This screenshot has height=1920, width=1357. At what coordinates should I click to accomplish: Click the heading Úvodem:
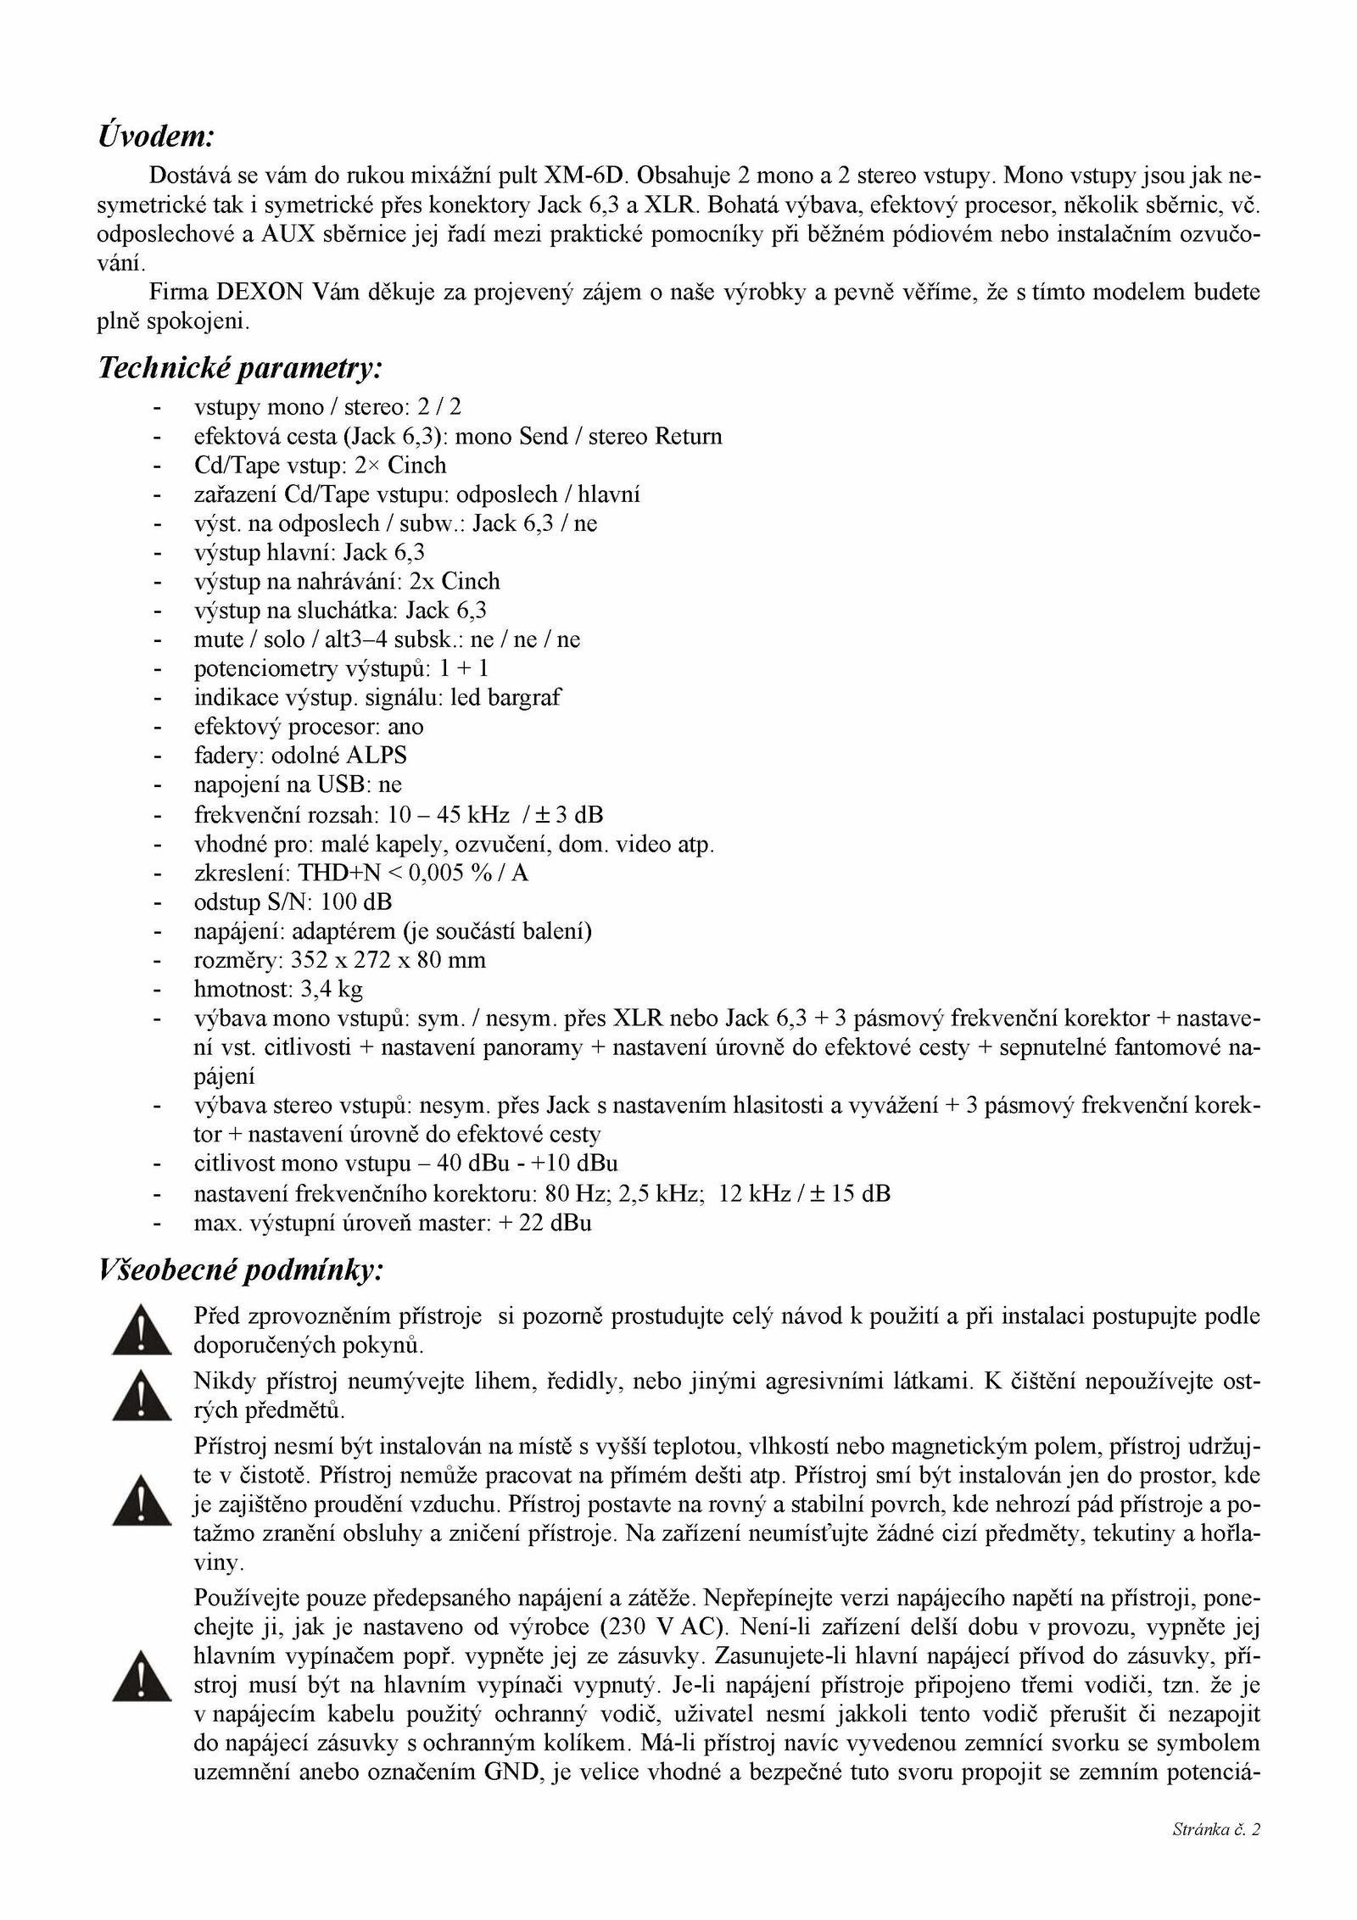(156, 136)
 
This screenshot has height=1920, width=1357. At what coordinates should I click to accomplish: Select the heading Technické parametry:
(240, 367)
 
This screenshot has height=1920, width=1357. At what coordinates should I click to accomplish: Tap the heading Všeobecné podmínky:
(242, 1270)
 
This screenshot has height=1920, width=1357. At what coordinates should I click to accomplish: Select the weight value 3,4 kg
(332, 989)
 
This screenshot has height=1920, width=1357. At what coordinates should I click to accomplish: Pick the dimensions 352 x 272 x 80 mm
(388, 960)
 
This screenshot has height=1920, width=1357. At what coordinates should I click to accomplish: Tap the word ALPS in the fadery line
(377, 756)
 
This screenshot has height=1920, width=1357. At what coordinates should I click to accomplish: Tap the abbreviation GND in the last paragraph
(513, 1772)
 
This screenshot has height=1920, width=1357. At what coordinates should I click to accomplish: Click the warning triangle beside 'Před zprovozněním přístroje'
(142, 1330)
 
